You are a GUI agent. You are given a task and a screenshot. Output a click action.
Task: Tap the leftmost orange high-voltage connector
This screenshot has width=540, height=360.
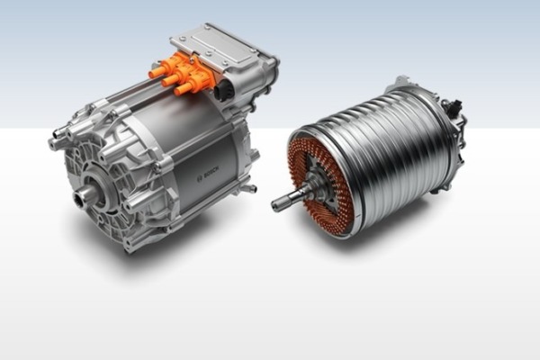tap(160, 70)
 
